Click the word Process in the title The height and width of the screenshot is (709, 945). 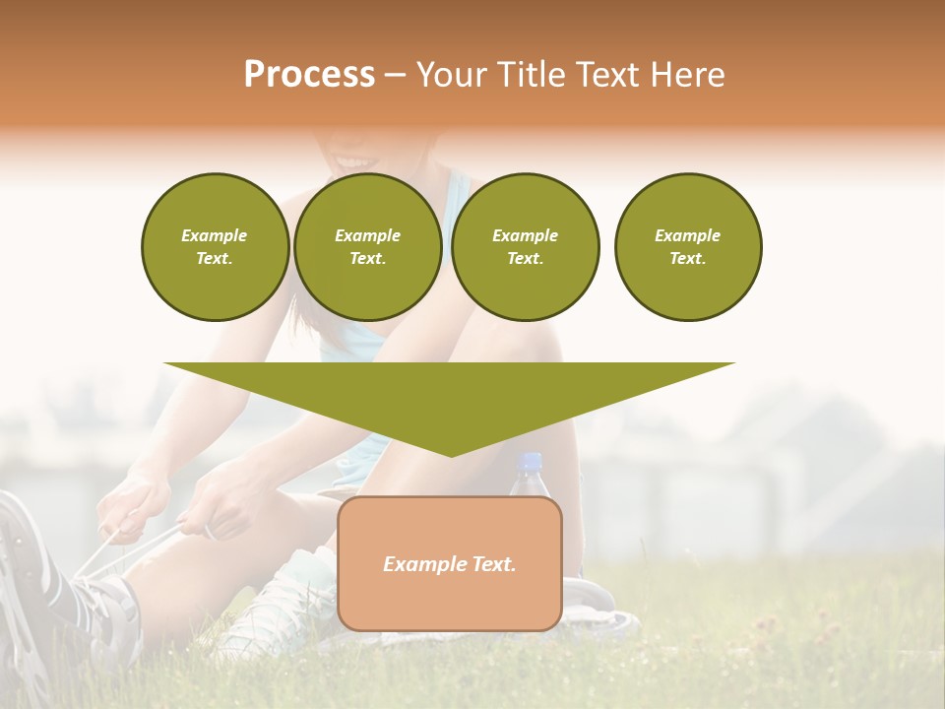(x=309, y=75)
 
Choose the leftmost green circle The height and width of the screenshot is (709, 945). (x=215, y=247)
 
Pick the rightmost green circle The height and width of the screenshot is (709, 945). (x=688, y=247)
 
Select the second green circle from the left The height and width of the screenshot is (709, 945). (x=367, y=247)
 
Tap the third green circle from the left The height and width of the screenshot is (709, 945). (x=525, y=247)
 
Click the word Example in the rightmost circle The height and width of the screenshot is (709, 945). (x=687, y=235)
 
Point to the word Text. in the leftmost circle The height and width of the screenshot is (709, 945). (x=215, y=259)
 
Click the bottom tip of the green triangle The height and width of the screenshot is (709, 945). (x=451, y=454)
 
